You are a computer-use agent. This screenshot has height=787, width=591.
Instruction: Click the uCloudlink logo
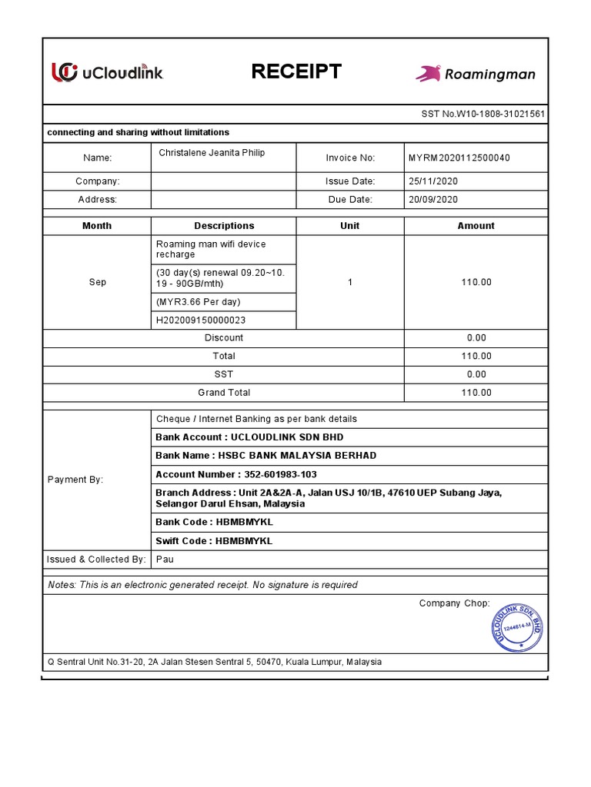coord(107,72)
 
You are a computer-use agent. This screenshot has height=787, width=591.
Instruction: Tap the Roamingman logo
coord(475,74)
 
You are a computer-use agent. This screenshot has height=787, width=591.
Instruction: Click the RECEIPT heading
coord(296,72)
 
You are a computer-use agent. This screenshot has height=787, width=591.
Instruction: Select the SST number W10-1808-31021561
coord(483,114)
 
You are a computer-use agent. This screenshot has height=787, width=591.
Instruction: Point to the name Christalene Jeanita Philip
coord(212,153)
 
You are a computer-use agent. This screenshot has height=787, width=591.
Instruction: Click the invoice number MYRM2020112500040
coord(459,158)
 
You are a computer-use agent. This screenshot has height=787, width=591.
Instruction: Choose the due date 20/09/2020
coord(433,199)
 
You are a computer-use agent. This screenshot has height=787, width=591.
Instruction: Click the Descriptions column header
coord(224,226)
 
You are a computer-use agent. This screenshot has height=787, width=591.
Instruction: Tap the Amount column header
coord(476,226)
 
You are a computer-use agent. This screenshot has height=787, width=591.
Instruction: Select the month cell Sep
coord(98,282)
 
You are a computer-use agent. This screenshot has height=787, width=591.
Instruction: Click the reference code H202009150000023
coord(201,320)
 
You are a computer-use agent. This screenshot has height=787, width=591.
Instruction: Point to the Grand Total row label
coord(223,393)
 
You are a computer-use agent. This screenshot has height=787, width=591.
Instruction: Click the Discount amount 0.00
coord(476,338)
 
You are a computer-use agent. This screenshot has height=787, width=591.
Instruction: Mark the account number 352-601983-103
coord(236,474)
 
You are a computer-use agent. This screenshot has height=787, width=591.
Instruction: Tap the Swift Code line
coord(214,541)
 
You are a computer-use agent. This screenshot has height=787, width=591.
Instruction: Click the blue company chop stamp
coord(516,626)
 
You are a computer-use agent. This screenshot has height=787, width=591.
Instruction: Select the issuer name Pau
coord(165,560)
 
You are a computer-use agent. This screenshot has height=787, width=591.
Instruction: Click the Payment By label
coord(75,480)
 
